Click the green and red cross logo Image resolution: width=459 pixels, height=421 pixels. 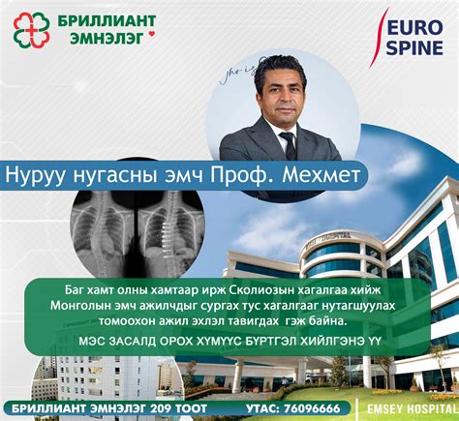click(31, 29)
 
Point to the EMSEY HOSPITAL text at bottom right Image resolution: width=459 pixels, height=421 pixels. click(411, 408)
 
